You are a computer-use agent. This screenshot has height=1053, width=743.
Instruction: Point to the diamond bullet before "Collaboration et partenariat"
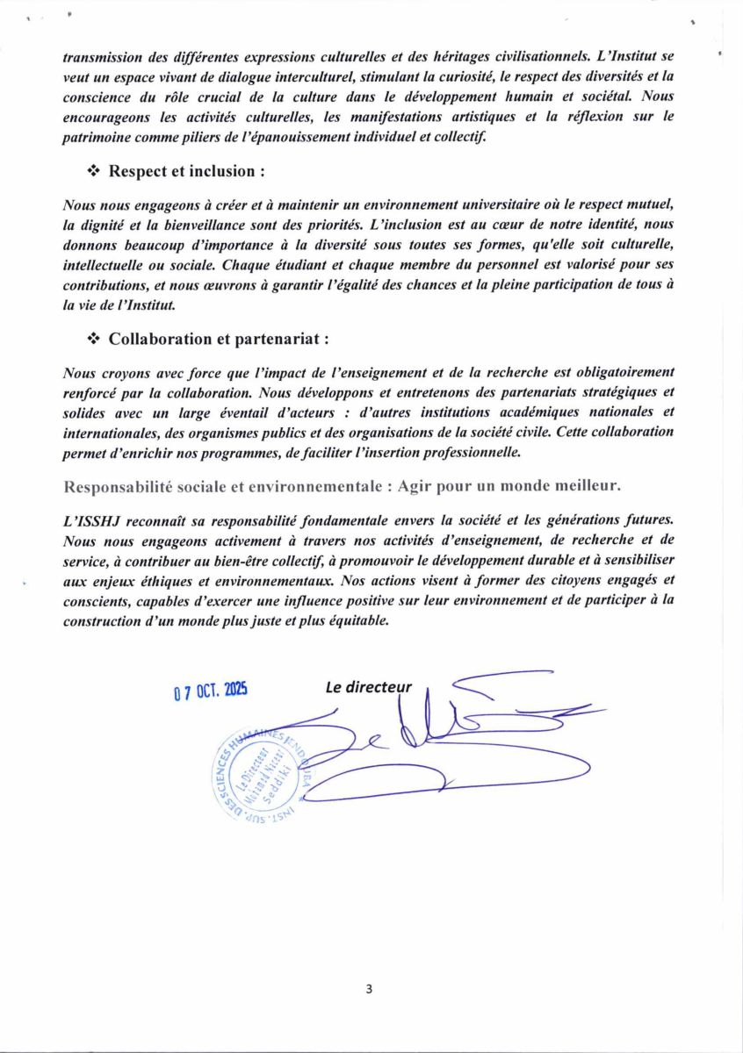pyautogui.click(x=94, y=339)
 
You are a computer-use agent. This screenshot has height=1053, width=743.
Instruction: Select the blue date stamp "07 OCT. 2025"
pyautogui.click(x=210, y=691)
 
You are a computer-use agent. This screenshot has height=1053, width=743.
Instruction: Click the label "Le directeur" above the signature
pyautogui.click(x=368, y=688)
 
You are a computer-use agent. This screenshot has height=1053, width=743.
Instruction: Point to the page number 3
pyautogui.click(x=369, y=989)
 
